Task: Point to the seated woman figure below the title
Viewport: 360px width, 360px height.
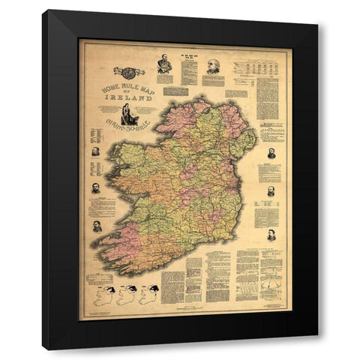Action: (x=129, y=115)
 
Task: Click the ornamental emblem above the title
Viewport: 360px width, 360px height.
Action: (x=129, y=73)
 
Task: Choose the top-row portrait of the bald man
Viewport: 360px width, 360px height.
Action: (x=213, y=67)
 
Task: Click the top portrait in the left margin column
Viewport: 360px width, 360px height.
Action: (x=96, y=151)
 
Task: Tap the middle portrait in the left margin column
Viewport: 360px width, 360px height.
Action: (x=96, y=187)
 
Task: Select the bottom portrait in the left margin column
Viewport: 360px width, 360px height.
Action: (x=97, y=225)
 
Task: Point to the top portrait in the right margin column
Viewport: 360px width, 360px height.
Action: (x=271, y=154)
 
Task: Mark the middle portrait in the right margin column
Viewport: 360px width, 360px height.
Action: (x=271, y=192)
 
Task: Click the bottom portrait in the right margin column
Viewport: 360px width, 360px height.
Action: (x=271, y=235)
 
